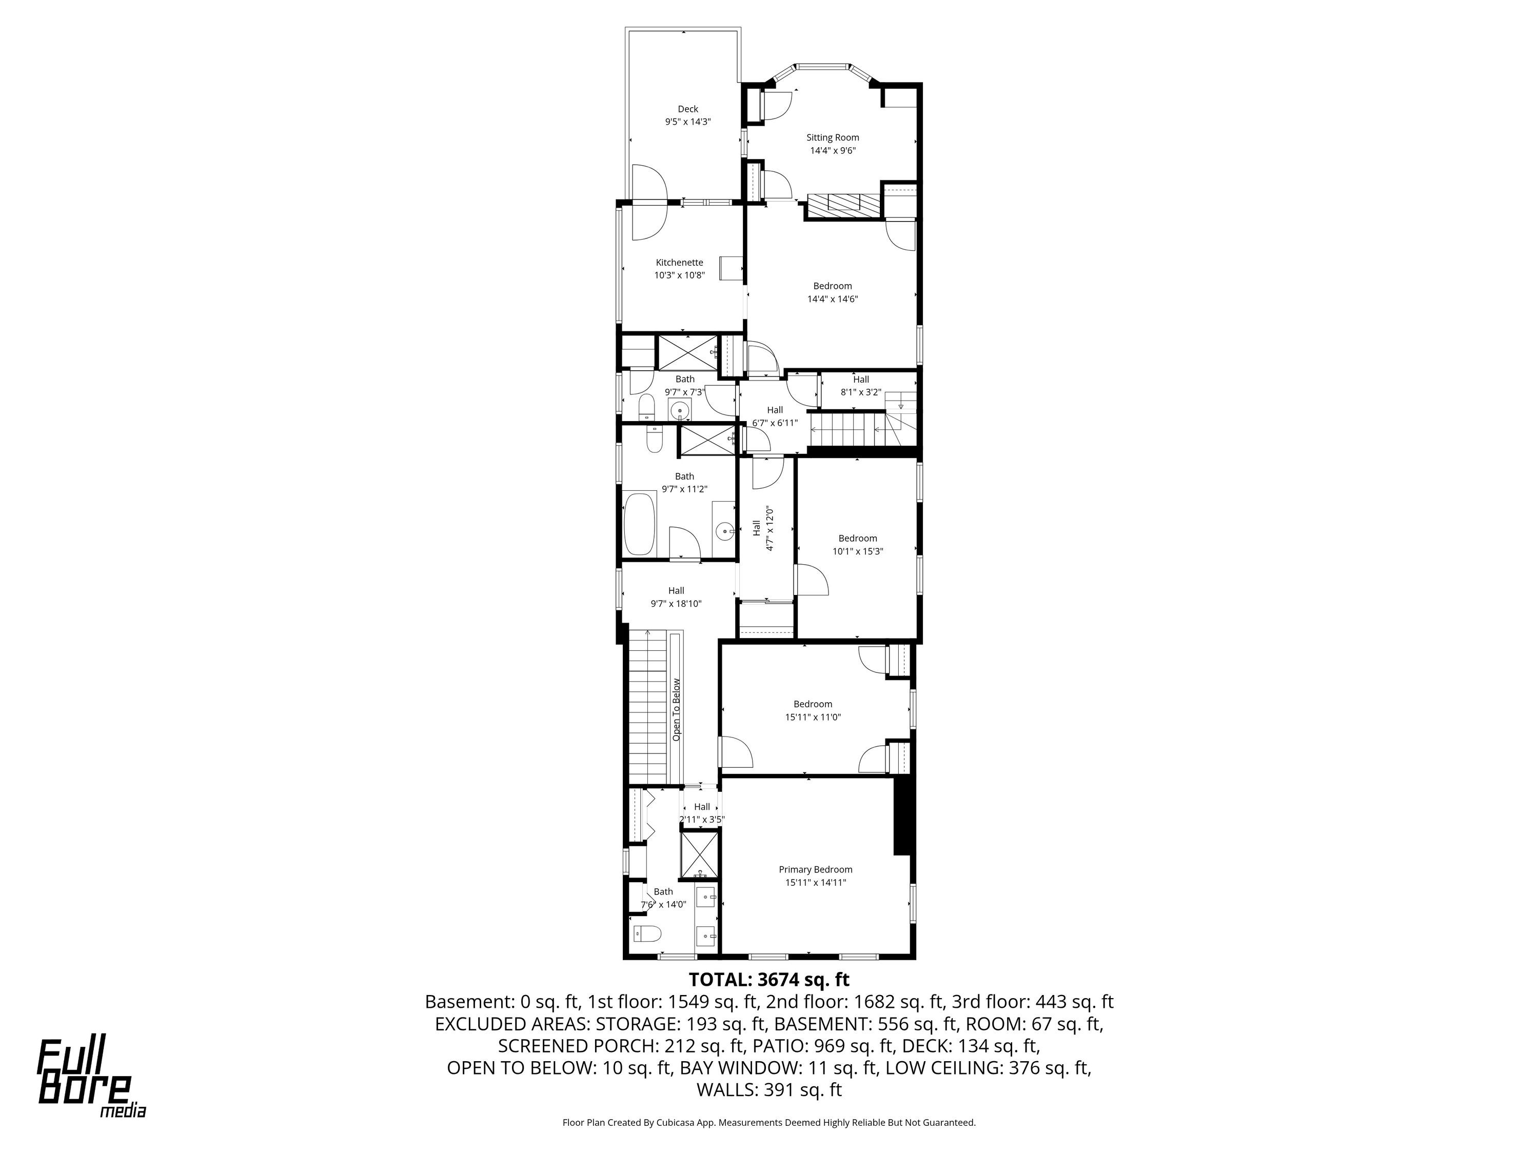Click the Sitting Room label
(833, 138)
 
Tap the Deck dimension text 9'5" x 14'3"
(688, 122)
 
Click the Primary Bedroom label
(816, 869)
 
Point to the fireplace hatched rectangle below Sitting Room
(844, 203)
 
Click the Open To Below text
(676, 709)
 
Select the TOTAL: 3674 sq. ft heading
(769, 980)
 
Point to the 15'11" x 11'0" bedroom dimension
(813, 717)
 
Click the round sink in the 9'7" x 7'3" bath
(679, 412)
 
